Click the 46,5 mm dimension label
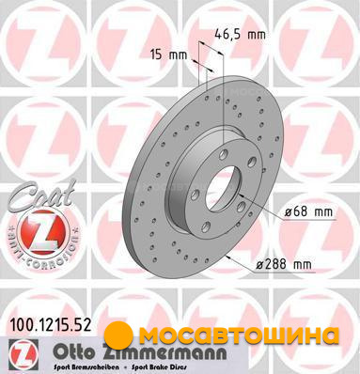241,34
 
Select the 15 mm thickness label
168,55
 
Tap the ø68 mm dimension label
308,212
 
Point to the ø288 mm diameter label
284,264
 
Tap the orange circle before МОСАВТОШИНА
118,335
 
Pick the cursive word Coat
40,195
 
